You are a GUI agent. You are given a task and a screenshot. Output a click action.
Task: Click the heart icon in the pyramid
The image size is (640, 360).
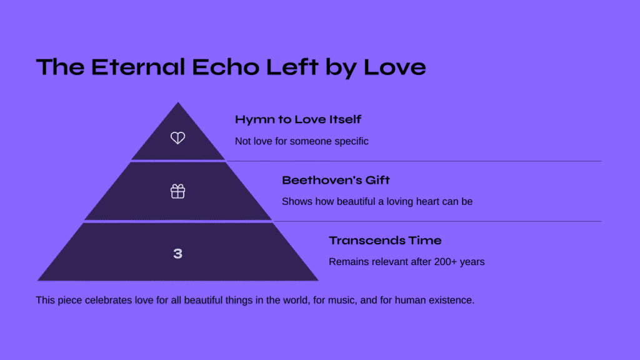click(177, 137)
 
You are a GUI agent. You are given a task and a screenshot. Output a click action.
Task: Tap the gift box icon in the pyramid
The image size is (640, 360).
click(177, 191)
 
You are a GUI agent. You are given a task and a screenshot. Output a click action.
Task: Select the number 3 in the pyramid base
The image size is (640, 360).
click(177, 254)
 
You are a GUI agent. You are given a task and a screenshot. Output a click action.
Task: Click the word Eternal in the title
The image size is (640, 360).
click(138, 66)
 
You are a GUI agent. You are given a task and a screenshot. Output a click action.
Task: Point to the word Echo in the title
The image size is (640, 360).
click(225, 66)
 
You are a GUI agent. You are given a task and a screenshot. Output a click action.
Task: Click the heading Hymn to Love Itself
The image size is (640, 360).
click(298, 119)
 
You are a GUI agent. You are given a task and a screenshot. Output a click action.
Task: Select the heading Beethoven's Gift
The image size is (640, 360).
click(336, 180)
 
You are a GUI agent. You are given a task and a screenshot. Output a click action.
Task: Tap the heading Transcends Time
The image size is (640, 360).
click(385, 241)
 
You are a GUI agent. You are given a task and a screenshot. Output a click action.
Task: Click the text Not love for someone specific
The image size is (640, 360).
click(302, 141)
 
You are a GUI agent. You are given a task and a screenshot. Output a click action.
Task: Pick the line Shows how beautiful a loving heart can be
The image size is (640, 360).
click(377, 202)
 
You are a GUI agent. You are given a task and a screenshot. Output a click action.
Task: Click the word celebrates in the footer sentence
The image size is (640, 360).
click(109, 301)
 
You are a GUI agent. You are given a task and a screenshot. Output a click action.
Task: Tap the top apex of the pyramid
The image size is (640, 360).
click(178, 103)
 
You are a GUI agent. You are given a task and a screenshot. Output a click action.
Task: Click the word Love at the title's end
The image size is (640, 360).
click(395, 66)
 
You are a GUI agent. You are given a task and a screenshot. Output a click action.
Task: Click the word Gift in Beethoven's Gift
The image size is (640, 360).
click(377, 180)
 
